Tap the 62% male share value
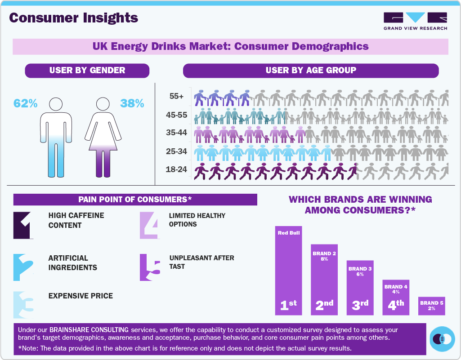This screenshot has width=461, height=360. coord(25,103)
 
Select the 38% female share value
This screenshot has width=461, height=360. coord(132,103)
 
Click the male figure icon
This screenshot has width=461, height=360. coord(56,137)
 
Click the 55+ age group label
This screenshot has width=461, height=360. coord(176,96)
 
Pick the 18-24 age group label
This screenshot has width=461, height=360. coord(176,169)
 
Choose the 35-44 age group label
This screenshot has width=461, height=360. coord(176,133)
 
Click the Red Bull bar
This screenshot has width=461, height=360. coord(289,270)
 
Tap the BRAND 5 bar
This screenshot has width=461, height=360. coord(431,306)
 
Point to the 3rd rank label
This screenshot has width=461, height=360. coord(360,305)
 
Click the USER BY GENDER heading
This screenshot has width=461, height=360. coord(87,70)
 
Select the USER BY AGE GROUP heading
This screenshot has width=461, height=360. coord(310,70)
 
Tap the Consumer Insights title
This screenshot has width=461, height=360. coord(73,18)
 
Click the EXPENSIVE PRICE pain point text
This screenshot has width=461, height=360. coord(81,296)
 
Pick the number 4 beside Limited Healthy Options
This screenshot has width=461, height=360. coord(149,225)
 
